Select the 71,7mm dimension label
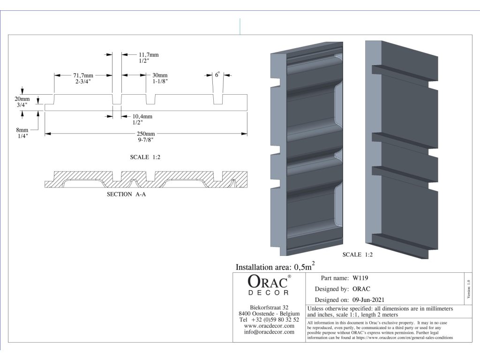click(83, 75)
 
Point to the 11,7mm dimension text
click(149, 55)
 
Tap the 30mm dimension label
click(159, 75)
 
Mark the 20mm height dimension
click(22, 99)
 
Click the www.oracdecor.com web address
click(269, 326)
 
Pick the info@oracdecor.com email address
click(269, 332)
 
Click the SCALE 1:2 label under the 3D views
click(358, 255)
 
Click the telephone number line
click(269, 319)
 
